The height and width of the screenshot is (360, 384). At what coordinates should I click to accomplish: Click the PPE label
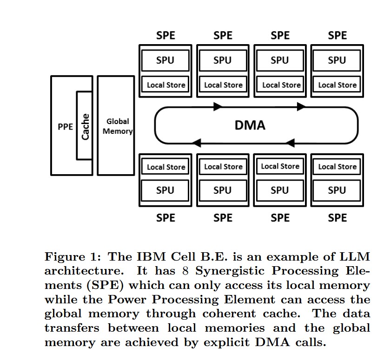tap(65, 126)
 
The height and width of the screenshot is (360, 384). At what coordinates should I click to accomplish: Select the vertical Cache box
tap(85, 125)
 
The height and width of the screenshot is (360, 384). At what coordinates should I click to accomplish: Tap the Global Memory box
tap(116, 126)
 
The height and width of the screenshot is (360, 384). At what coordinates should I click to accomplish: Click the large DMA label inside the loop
tap(250, 125)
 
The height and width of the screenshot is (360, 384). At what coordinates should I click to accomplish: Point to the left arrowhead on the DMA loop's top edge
tap(218, 107)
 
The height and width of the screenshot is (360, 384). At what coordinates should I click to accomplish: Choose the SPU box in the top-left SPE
tap(166, 60)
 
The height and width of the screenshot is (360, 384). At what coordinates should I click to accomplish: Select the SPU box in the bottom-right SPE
tap(337, 190)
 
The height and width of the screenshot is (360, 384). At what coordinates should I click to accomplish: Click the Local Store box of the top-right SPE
tap(337, 85)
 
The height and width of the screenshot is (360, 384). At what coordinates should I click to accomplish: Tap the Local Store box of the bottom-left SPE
tap(166, 167)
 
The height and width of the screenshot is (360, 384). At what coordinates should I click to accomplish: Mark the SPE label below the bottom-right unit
tap(337, 217)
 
